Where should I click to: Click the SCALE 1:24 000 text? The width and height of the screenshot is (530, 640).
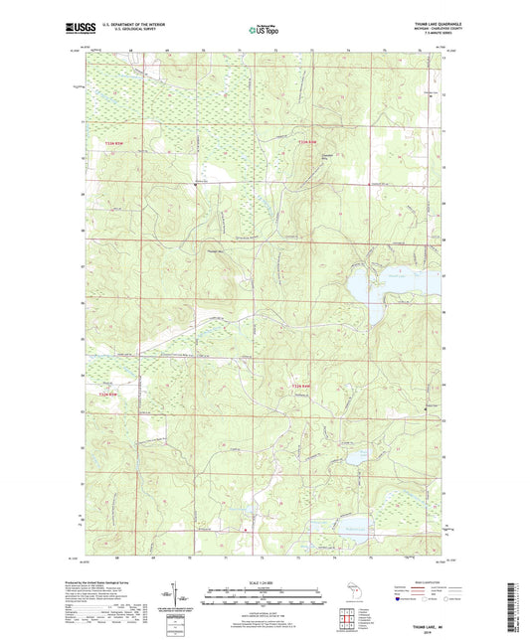264,581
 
